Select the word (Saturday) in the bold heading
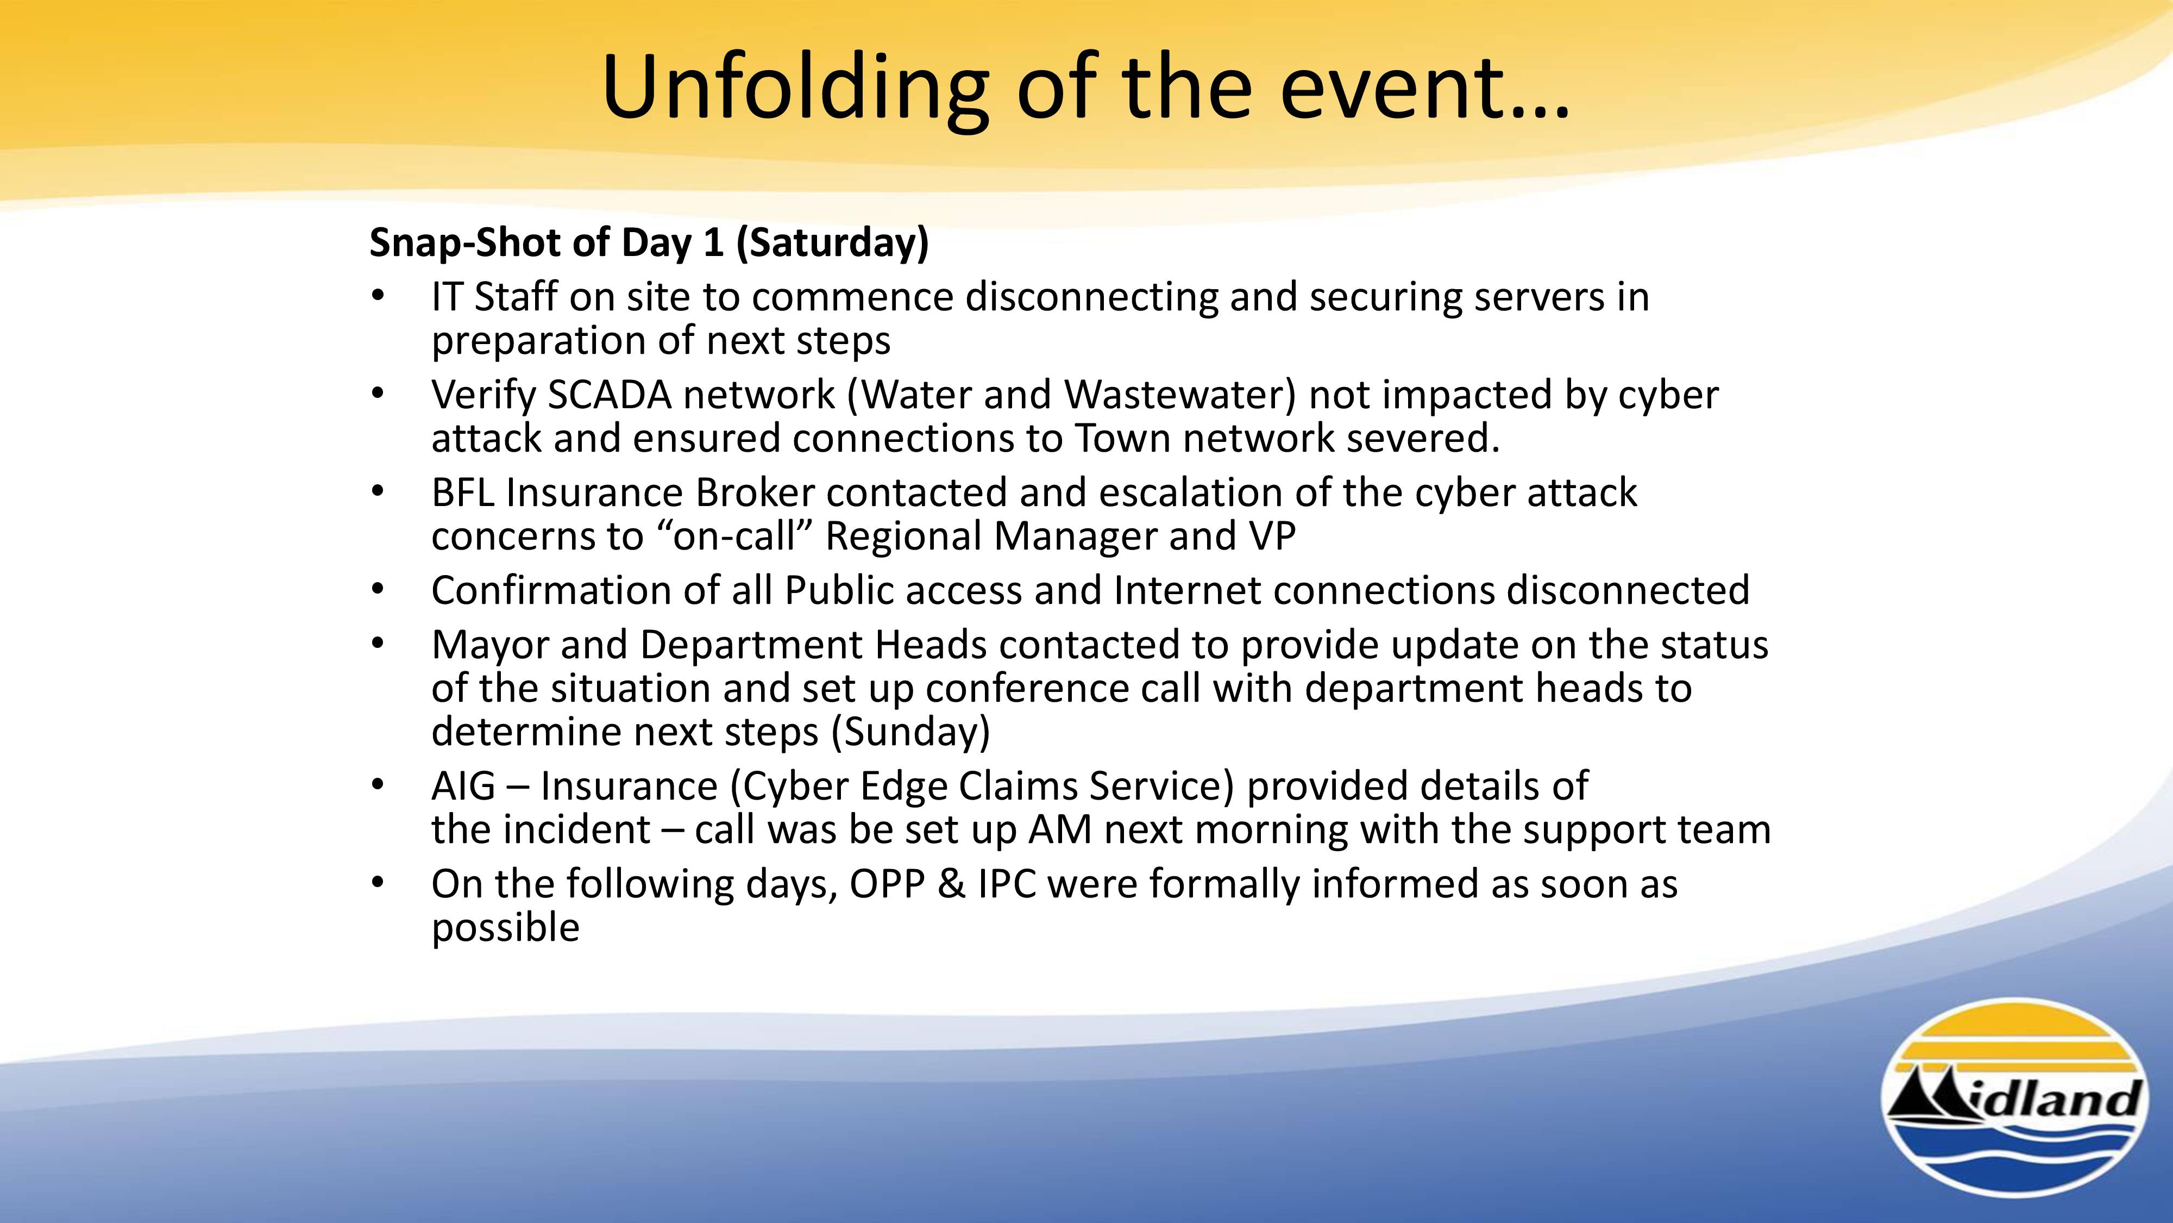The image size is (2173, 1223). [833, 243]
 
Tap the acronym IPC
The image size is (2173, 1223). [1006, 884]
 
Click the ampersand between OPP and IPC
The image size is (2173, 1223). [951, 884]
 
